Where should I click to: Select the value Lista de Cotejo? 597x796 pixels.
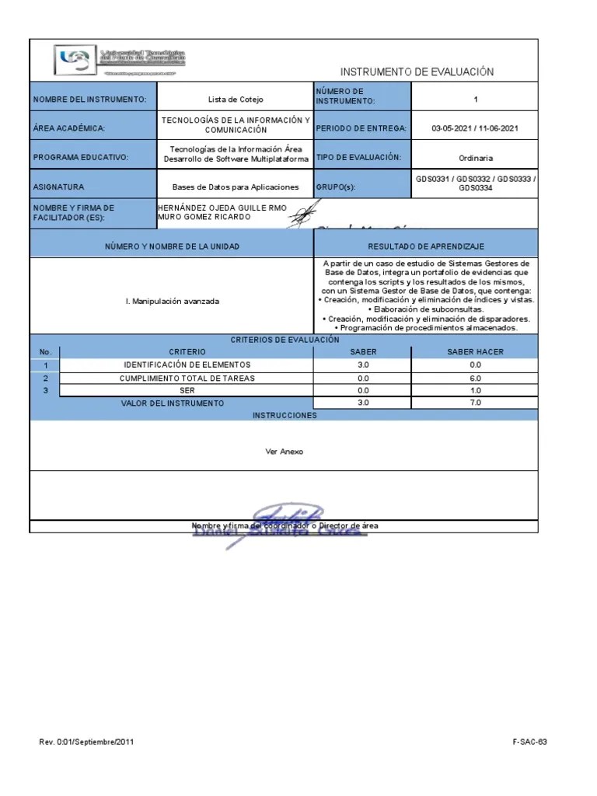[x=236, y=99]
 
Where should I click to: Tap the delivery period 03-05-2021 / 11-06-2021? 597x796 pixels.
[x=475, y=128]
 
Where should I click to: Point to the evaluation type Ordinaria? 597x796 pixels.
[x=475, y=157]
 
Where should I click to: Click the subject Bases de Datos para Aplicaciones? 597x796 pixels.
[x=236, y=187]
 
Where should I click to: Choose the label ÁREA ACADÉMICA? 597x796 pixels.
[x=69, y=128]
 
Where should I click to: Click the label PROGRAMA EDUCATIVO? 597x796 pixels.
[x=80, y=158]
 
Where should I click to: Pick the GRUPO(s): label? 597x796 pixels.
[x=340, y=187]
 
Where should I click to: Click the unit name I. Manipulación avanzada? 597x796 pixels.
[x=172, y=301]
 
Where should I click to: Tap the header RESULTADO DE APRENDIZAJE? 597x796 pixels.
[x=426, y=246]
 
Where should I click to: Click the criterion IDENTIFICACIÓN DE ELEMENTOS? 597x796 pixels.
[x=187, y=365]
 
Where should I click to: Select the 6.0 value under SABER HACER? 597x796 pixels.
[x=475, y=378]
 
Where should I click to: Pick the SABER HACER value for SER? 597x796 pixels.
[x=475, y=390]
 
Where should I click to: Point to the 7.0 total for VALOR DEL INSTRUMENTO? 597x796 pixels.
[x=475, y=403]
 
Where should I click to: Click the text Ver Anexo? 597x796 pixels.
[x=285, y=451]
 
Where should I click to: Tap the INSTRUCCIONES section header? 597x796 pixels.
[x=285, y=416]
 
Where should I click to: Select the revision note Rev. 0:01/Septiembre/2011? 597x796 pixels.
[x=87, y=742]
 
